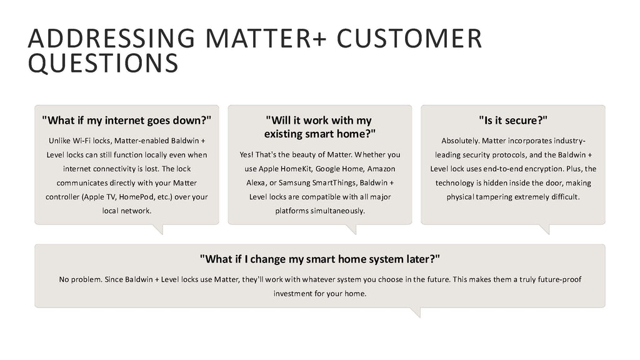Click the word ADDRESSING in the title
[111, 38]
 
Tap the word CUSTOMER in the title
[409, 38]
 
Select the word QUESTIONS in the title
[103, 63]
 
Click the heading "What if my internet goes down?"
[126, 121]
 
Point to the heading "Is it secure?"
[513, 121]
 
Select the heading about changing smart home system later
[320, 259]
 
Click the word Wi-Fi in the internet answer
[82, 141]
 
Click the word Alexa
[256, 183]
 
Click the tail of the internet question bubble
[158, 229]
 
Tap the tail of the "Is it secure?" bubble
[545, 229]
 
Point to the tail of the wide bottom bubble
[416, 312]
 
